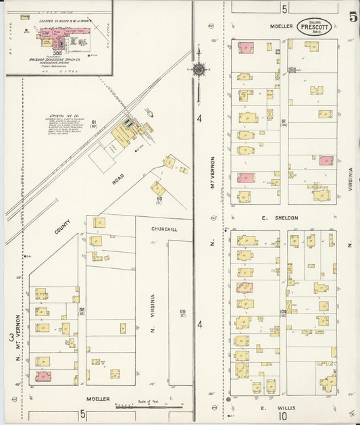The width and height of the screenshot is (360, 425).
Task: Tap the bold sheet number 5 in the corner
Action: pyautogui.click(x=353, y=17)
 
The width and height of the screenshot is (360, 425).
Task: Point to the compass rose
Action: pyautogui.click(x=199, y=69)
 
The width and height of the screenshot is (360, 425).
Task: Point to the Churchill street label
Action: pyautogui.click(x=164, y=229)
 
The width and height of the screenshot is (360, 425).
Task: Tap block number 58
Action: pyautogui.click(x=81, y=309)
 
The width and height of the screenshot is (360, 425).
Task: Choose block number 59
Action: pyautogui.click(x=182, y=311)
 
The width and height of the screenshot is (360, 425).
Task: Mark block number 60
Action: pyautogui.click(x=159, y=199)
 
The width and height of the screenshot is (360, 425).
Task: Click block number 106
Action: pyautogui.click(x=282, y=311)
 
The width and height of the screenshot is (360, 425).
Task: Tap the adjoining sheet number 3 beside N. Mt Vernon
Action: pyautogui.click(x=11, y=337)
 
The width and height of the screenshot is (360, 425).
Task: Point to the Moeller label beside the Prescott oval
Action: pyautogui.click(x=282, y=26)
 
